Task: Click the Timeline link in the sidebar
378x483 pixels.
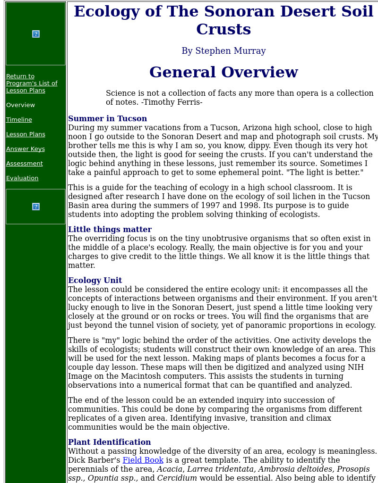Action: click(x=19, y=120)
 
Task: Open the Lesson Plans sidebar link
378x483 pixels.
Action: click(x=26, y=134)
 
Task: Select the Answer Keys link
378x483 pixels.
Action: click(x=26, y=149)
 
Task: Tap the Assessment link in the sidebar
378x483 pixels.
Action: click(x=25, y=164)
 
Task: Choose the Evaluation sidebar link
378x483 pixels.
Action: click(x=22, y=178)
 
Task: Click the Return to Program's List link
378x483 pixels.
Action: click(x=32, y=83)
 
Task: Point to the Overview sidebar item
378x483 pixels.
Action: click(x=20, y=105)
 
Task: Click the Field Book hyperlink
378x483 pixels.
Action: click(x=143, y=460)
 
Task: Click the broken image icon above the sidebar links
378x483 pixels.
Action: click(x=36, y=34)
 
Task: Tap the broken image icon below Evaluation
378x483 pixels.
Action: click(x=36, y=207)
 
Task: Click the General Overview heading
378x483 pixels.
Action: click(x=223, y=73)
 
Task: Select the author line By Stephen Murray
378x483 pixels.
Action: click(x=223, y=51)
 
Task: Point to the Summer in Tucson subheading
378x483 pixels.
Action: click(x=107, y=119)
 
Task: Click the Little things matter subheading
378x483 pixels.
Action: click(x=110, y=230)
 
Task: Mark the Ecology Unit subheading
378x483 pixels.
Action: click(x=95, y=281)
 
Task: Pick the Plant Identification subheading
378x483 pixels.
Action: click(x=109, y=442)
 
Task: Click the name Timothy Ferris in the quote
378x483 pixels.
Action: click(x=173, y=102)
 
